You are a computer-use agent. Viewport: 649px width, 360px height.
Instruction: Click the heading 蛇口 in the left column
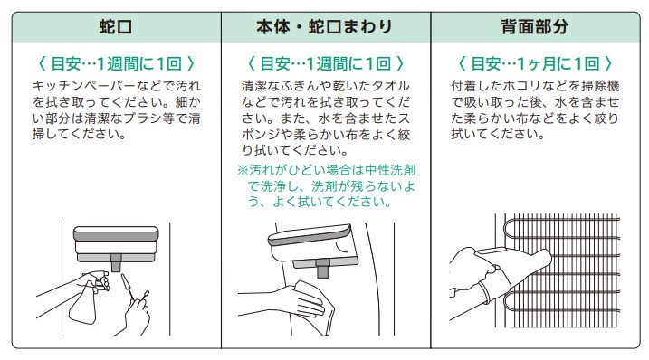[x=116, y=27]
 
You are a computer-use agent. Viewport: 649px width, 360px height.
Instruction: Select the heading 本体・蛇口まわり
[x=324, y=27]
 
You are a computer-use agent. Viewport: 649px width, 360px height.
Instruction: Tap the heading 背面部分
[x=534, y=27]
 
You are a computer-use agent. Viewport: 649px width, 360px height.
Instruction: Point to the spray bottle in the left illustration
[x=85, y=300]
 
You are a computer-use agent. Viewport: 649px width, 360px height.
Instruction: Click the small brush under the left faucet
[x=128, y=286]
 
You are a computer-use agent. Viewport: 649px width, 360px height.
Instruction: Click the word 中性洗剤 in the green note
[x=390, y=170]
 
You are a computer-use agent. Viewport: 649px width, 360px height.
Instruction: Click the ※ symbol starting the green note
[x=243, y=170]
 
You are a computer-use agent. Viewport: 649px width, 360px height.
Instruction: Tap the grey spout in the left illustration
[x=116, y=263]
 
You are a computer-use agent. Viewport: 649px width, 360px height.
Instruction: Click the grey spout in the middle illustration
[x=322, y=269]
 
